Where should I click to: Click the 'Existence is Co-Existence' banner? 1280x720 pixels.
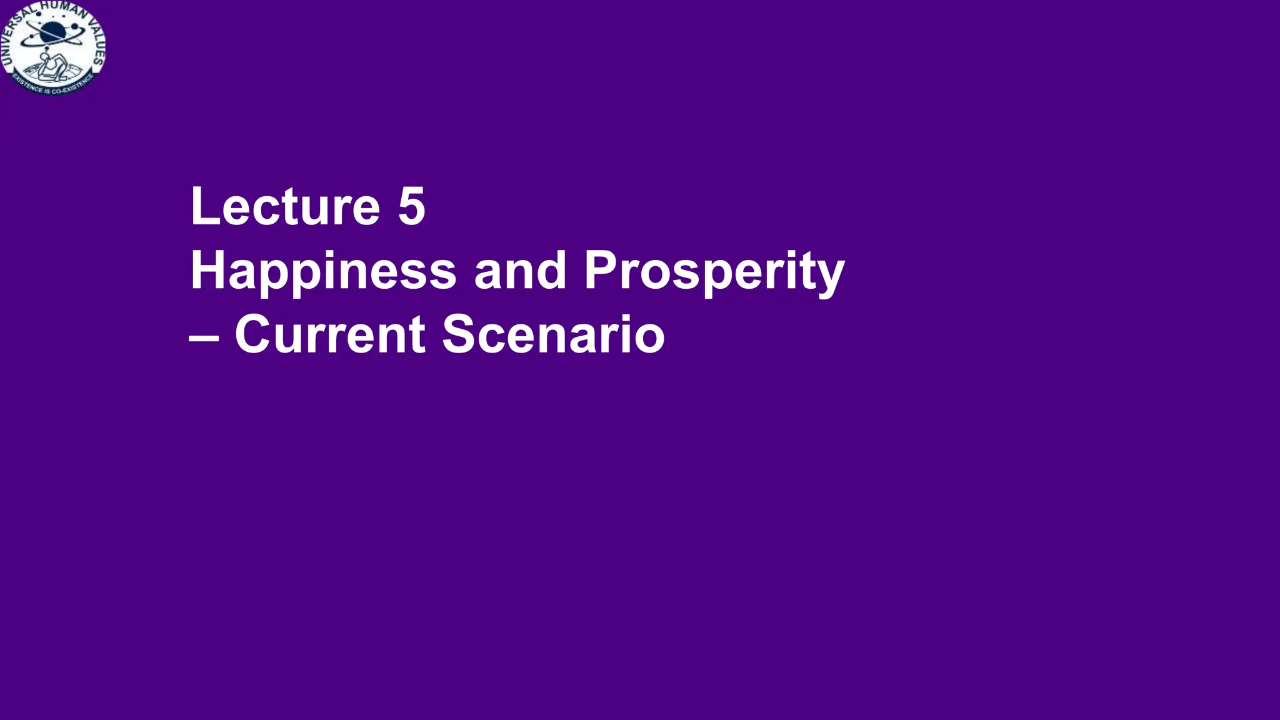(x=52, y=87)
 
